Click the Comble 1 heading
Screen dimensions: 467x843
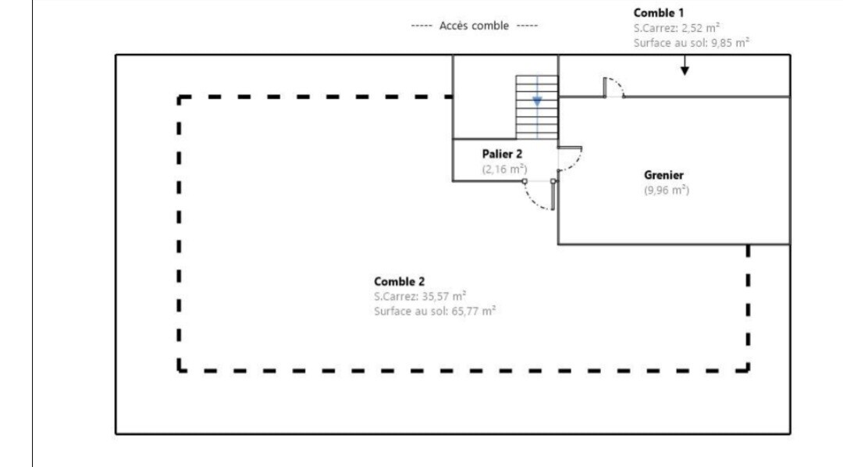click(659, 12)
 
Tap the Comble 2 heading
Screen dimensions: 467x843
click(399, 281)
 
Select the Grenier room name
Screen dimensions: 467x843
click(663, 175)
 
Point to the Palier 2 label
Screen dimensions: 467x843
click(502, 154)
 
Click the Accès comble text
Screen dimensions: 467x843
click(474, 26)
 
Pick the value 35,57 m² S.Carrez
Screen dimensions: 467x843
click(420, 296)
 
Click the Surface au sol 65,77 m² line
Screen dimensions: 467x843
click(435, 311)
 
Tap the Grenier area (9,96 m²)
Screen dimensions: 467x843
click(666, 191)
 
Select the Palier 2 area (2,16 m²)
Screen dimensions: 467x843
click(504, 169)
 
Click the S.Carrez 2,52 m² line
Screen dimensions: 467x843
click(676, 27)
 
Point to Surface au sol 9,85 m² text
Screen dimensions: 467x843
click(692, 42)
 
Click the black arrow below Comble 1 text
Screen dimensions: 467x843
click(685, 70)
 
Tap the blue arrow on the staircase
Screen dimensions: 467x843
click(537, 101)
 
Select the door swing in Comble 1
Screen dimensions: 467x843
click(615, 87)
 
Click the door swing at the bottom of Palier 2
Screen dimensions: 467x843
click(539, 196)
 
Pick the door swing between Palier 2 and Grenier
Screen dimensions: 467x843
click(571, 159)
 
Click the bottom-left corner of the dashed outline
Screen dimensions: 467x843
click(180, 369)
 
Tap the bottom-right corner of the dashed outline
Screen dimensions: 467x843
click(748, 369)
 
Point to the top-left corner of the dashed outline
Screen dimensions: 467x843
click(180, 98)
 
